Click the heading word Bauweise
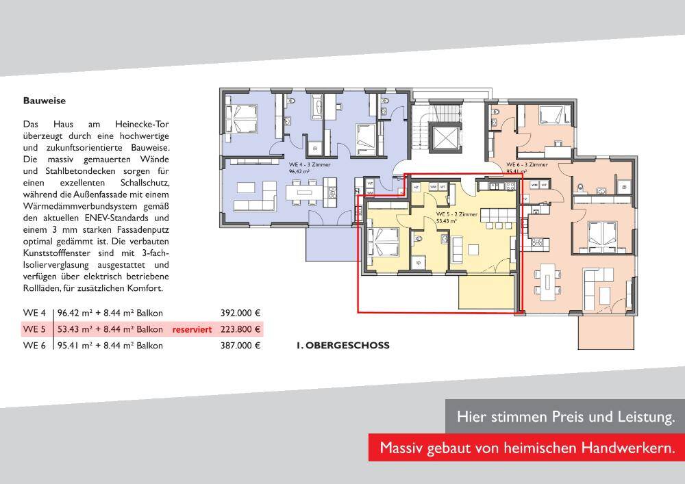tap(44, 101)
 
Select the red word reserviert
tap(191, 329)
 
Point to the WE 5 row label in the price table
tap(34, 329)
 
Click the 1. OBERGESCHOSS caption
tap(342, 346)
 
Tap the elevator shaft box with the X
tap(440, 136)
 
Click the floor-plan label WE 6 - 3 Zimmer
tap(526, 165)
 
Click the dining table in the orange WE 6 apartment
tap(549, 280)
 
